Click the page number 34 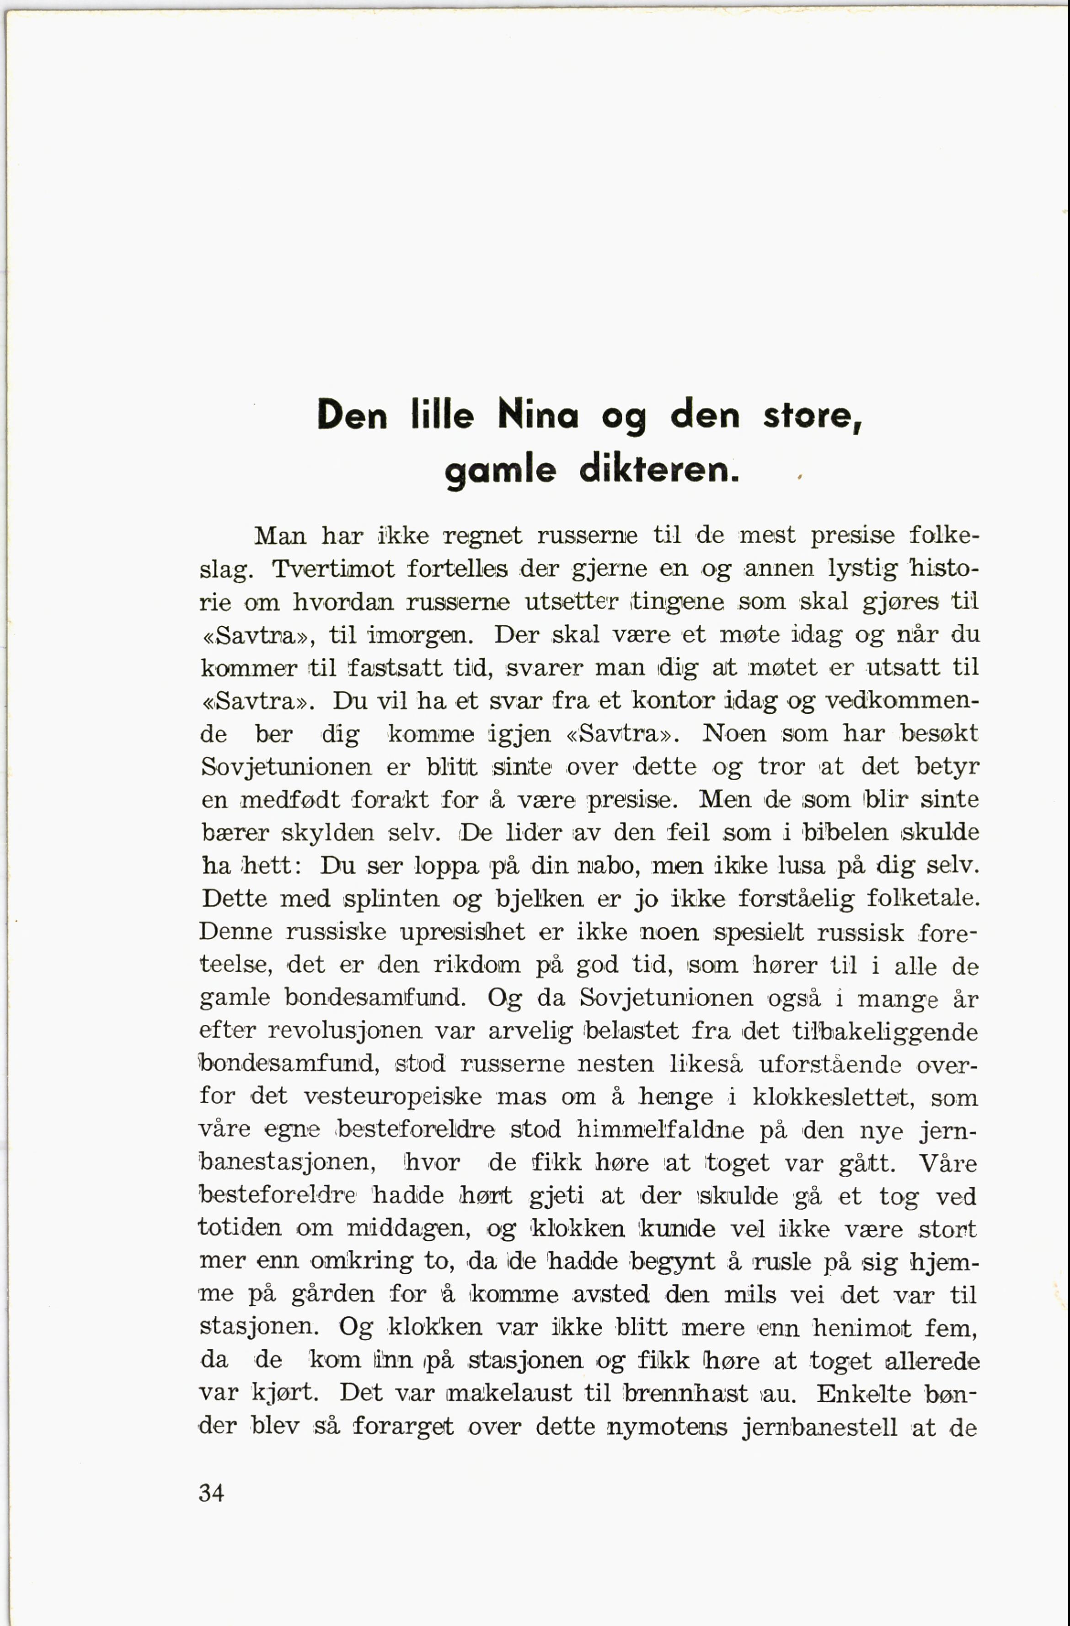tap(212, 1493)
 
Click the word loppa tap(447, 866)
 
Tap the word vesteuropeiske tap(393, 1097)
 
